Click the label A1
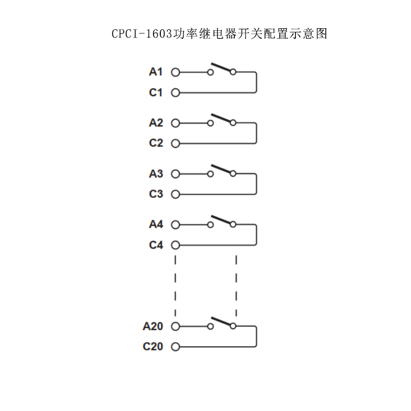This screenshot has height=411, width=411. tap(156, 72)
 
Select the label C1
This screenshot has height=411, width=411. tap(156, 92)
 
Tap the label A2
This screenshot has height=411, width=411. tap(156, 123)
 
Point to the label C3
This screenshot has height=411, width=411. tap(156, 194)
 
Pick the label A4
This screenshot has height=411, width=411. tap(156, 225)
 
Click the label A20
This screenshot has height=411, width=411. tap(153, 326)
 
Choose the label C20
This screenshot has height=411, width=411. tap(153, 346)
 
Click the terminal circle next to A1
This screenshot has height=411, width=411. tap(175, 72)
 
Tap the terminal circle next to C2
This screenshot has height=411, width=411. tap(175, 143)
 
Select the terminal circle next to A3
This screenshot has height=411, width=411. tap(175, 174)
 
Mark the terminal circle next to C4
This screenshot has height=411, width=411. tap(175, 245)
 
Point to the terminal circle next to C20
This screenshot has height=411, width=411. tap(175, 347)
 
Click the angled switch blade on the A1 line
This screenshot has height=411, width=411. tap(221, 67)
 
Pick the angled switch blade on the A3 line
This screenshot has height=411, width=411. tap(221, 169)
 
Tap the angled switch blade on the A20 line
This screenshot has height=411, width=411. tap(221, 322)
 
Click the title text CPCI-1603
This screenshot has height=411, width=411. tap(142, 34)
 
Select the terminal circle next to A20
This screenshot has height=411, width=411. tap(175, 326)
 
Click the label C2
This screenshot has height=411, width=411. tap(156, 143)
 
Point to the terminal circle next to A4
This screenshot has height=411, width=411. tap(175, 225)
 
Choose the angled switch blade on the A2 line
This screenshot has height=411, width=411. tap(221, 118)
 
